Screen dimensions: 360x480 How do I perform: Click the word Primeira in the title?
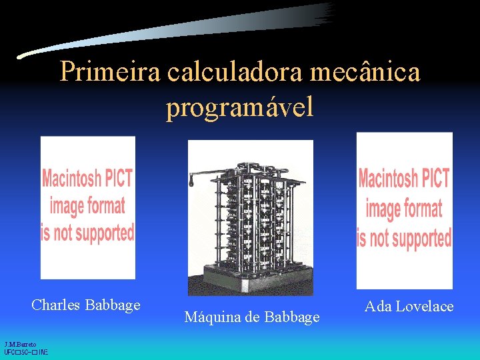[x=111, y=72]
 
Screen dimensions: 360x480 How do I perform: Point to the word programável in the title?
[x=239, y=107]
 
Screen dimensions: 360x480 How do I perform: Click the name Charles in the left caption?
[x=56, y=305]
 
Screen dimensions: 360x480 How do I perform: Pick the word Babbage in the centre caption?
[x=291, y=317]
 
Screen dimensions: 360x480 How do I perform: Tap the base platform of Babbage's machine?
[x=250, y=283]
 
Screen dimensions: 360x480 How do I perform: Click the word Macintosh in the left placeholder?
[x=70, y=179]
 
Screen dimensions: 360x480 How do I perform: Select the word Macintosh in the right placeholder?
[x=387, y=179]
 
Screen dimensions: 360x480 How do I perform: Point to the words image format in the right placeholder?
[x=404, y=209]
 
